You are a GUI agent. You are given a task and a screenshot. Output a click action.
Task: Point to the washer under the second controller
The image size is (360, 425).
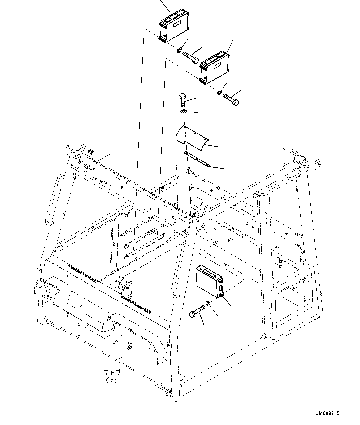click(219, 92)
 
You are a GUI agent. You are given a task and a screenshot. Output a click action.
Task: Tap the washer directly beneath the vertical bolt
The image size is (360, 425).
click(183, 111)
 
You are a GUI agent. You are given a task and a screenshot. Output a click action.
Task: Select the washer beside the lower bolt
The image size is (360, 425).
click(208, 304)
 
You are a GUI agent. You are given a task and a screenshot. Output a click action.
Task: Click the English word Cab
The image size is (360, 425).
click(112, 381)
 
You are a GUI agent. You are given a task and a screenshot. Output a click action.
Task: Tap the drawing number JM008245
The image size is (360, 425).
click(327, 413)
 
